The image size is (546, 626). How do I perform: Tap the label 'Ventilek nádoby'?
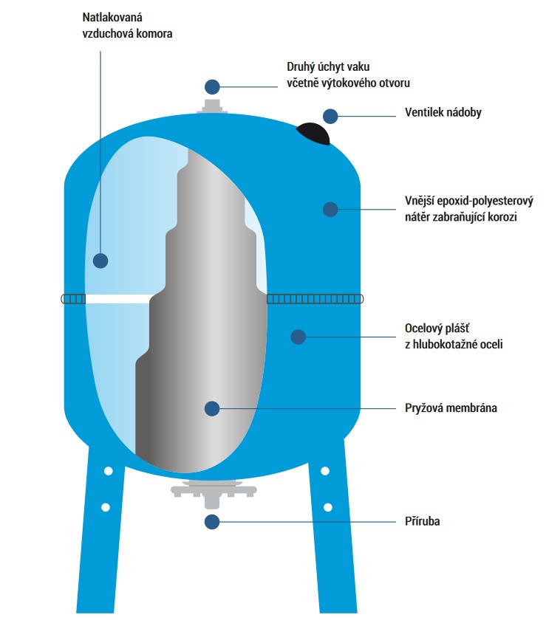pyautogui.click(x=443, y=114)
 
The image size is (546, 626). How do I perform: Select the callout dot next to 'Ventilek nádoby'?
pyautogui.click(x=330, y=115)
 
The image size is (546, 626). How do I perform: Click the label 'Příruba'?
pyautogui.click(x=424, y=521)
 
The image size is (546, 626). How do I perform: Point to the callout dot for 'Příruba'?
pyautogui.click(x=213, y=521)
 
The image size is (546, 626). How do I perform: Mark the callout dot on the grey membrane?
pyautogui.click(x=213, y=407)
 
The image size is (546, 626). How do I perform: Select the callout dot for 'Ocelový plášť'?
pyautogui.click(x=298, y=337)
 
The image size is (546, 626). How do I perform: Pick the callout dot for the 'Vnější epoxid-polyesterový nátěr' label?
pyautogui.click(x=330, y=209)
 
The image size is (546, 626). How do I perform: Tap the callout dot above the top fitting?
pyautogui.click(x=213, y=86)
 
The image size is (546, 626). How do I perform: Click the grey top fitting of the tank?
pyautogui.click(x=213, y=108)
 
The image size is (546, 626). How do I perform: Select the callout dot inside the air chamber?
pyautogui.click(x=100, y=260)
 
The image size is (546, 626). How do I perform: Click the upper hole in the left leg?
pyautogui.click(x=108, y=470)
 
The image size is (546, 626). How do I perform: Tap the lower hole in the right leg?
pyautogui.click(x=327, y=507)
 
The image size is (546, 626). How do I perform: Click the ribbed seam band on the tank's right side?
pyautogui.click(x=315, y=298)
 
